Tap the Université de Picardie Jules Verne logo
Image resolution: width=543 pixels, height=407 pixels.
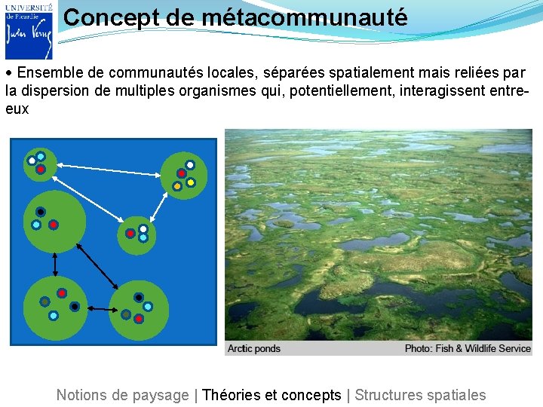[29, 30]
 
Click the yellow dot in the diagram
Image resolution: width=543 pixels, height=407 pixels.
[191, 182]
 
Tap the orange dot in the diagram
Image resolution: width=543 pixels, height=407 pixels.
[177, 186]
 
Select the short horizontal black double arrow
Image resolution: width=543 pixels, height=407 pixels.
[99, 308]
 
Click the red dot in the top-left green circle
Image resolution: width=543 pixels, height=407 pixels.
[40, 170]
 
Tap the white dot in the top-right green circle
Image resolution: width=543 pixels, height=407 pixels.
[190, 165]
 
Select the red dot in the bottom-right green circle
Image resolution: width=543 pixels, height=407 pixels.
[139, 319]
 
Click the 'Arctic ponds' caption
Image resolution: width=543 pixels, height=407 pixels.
[254, 348]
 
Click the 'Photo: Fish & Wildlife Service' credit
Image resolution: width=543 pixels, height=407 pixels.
[468, 348]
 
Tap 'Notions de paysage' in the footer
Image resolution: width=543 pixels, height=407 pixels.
[122, 395]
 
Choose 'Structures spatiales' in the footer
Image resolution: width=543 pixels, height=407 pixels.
[420, 395]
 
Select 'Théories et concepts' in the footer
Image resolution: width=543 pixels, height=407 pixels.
[271, 395]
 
